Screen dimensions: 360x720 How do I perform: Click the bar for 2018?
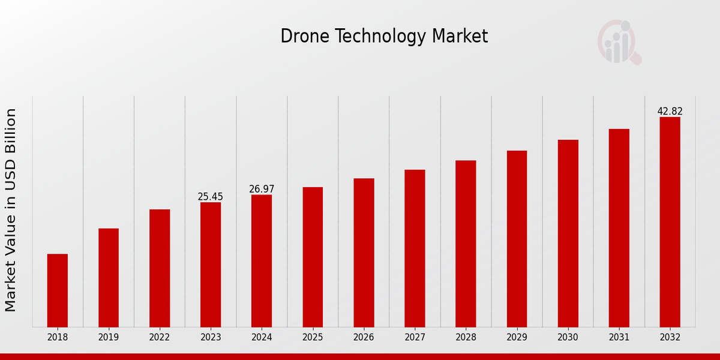click(58, 290)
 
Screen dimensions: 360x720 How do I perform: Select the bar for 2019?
click(109, 278)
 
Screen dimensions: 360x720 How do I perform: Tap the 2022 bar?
click(160, 268)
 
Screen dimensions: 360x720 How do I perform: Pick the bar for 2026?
click(364, 253)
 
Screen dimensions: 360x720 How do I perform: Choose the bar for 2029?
click(517, 239)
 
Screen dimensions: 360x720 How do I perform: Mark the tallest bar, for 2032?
click(670, 222)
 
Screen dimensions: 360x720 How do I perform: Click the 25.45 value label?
click(211, 197)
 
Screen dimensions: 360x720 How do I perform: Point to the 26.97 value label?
click(262, 189)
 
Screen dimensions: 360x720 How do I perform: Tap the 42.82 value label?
click(670, 112)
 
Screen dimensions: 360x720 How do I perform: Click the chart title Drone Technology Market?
click(384, 37)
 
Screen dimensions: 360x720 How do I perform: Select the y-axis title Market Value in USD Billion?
click(11, 210)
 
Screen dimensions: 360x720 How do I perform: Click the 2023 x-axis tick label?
click(211, 338)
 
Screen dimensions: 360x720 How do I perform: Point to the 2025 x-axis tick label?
click(313, 338)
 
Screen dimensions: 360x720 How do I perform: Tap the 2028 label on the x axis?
click(466, 338)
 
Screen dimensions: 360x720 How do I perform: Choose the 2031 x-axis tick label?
click(619, 338)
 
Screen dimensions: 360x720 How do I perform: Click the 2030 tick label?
click(568, 338)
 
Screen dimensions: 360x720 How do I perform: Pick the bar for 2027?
click(415, 248)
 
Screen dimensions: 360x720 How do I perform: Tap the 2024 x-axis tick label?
click(262, 338)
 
